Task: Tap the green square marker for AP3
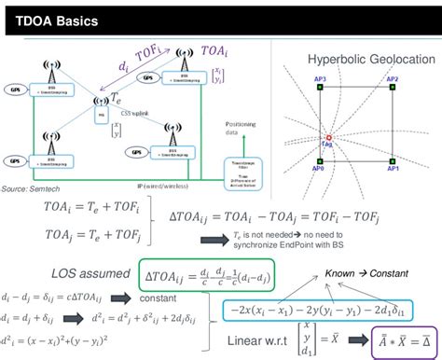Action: pyautogui.click(x=320, y=87)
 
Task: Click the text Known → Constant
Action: pyautogui.click(x=356, y=273)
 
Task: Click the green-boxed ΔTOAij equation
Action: pyautogui.click(x=195, y=276)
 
